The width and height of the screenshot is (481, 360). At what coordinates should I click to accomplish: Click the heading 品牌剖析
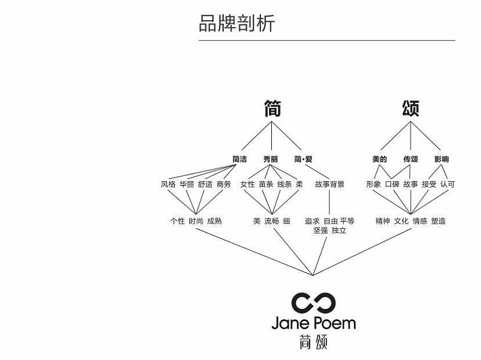tap(237, 23)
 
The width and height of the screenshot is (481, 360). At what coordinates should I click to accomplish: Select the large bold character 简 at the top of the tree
tap(272, 108)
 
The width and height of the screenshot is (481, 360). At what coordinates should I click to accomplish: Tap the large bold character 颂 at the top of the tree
tap(411, 108)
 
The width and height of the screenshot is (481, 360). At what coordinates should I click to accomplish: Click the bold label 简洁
tap(239, 159)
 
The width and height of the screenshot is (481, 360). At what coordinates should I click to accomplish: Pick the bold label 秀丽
tap(271, 159)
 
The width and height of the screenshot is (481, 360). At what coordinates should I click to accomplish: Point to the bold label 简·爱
tap(303, 159)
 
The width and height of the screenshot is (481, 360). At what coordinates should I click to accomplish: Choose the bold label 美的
tap(379, 159)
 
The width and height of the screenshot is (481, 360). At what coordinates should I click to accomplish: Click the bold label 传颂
tap(411, 159)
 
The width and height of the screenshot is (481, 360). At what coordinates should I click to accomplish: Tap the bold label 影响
tap(441, 159)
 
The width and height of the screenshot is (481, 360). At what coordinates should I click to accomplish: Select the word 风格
tap(168, 184)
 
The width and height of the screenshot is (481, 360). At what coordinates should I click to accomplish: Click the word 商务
tap(224, 184)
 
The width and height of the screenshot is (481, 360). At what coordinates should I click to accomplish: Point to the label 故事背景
tap(330, 184)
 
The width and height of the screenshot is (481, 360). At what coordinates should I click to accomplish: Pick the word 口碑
tap(392, 184)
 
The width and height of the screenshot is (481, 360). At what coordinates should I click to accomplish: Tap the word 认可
tap(447, 184)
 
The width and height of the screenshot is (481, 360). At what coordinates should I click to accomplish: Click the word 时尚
tap(196, 221)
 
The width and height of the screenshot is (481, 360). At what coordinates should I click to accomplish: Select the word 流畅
tap(272, 221)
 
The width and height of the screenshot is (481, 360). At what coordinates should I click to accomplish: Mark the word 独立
tap(339, 231)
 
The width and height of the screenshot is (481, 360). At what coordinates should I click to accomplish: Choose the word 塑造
tap(439, 221)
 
